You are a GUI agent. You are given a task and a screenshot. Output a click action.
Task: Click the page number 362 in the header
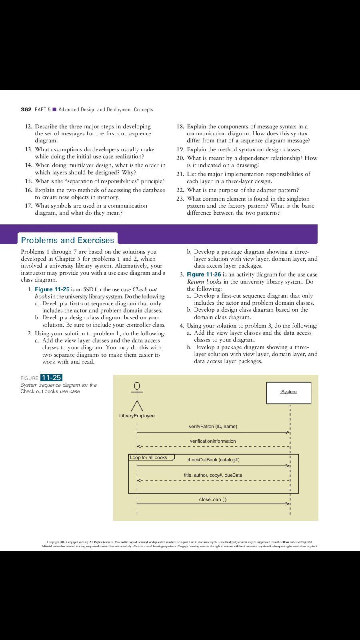click(x=26, y=109)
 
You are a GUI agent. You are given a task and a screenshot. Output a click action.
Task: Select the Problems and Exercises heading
click(x=67, y=240)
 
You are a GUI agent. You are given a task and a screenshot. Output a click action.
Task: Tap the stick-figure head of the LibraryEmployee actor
click(x=137, y=386)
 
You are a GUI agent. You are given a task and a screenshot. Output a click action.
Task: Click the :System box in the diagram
click(x=288, y=392)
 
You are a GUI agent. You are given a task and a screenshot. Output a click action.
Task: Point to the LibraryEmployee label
click(x=137, y=416)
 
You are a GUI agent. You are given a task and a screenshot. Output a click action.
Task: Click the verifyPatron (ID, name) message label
click(x=213, y=426)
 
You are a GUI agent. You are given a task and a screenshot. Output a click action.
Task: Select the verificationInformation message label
click(x=213, y=441)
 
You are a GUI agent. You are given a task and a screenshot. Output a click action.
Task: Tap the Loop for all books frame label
click(x=149, y=457)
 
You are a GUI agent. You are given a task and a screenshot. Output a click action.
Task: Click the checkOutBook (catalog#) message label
click(x=213, y=460)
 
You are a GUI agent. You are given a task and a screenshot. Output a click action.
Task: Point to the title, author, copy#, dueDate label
click(x=213, y=475)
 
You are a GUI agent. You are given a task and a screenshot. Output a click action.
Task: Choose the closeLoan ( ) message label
click(x=213, y=500)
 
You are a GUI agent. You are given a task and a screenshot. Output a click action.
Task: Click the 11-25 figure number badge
click(x=51, y=378)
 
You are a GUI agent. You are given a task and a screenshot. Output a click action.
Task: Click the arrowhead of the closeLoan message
click(x=288, y=503)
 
